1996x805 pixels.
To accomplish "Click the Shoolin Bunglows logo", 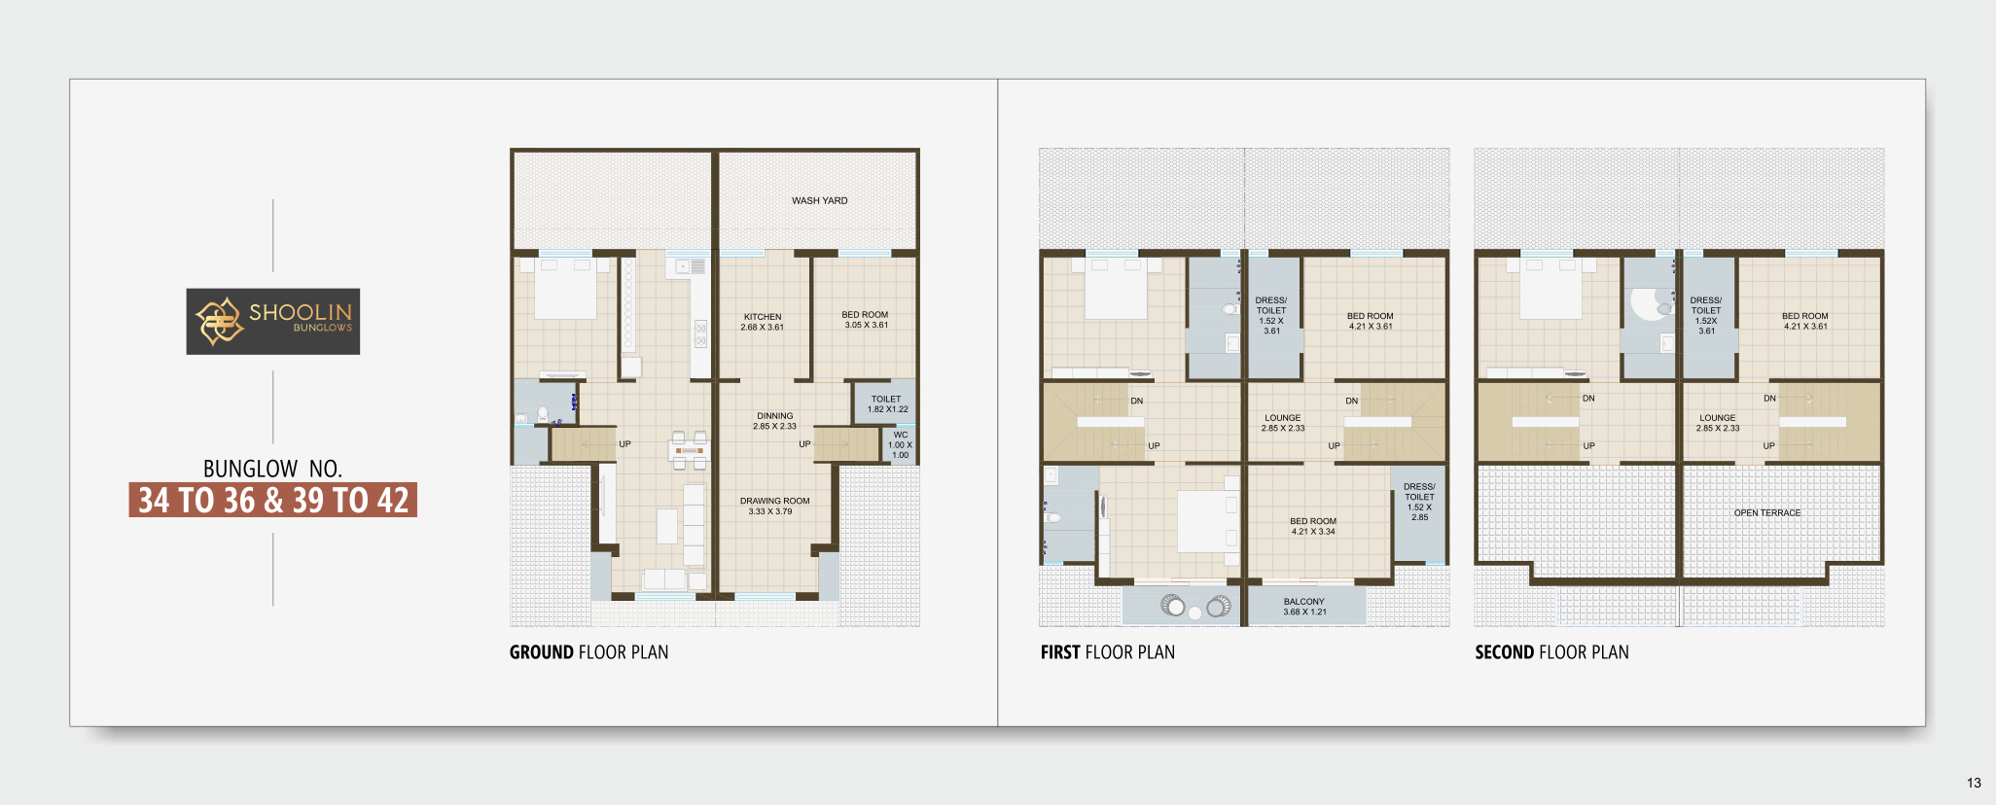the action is [273, 321].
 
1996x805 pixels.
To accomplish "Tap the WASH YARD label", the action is [819, 201].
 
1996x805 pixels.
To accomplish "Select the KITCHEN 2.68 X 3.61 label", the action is [763, 322].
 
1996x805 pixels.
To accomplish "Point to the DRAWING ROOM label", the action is [774, 501].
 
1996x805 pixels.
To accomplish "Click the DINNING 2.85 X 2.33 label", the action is [774, 421].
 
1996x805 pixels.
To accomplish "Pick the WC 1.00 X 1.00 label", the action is [901, 444].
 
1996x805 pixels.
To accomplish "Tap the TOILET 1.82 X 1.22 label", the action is [887, 403].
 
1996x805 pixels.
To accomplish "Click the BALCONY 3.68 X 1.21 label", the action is [1304, 607].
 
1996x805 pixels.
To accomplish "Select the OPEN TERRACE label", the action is [1767, 512].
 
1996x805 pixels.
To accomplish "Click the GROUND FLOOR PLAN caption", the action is [588, 652].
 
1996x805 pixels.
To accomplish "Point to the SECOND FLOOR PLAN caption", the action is [1551, 652].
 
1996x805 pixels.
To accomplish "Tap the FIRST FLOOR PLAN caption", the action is [1107, 652].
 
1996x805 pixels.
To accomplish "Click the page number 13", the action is [1974, 783].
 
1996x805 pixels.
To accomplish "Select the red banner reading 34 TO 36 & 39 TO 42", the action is [273, 500].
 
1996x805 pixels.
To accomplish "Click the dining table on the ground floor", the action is [688, 450].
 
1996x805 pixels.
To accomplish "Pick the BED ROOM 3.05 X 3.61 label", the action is [865, 320].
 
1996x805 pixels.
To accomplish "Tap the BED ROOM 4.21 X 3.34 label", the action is [1313, 526].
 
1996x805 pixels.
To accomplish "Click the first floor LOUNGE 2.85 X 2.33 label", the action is [1283, 423].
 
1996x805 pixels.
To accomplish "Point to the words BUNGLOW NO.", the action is [272, 469].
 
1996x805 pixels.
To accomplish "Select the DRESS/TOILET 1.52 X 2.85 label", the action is [1419, 502].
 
